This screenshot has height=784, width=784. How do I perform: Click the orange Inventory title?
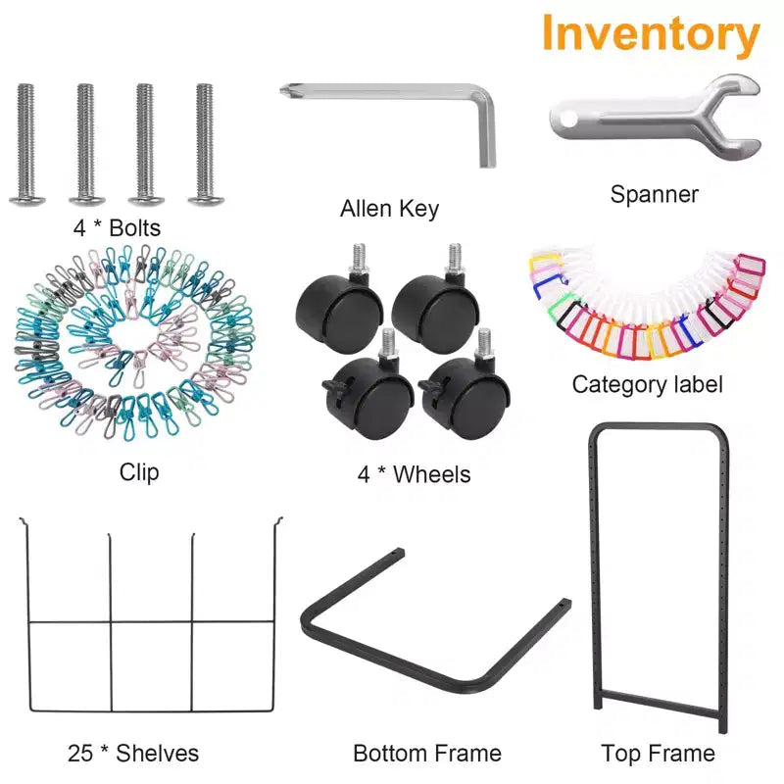[651, 34]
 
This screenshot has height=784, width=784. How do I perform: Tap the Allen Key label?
[389, 209]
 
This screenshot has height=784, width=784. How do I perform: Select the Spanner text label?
[654, 194]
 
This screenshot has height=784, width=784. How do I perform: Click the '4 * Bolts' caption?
[117, 228]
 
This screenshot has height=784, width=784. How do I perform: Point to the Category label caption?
[648, 385]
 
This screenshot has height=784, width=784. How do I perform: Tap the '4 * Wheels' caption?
[414, 474]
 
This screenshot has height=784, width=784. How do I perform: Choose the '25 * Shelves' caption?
[133, 753]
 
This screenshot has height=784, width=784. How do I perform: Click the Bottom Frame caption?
[427, 753]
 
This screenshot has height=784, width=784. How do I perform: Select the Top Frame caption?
[658, 753]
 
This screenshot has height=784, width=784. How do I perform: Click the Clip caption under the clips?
[139, 472]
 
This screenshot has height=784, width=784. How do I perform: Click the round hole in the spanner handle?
[568, 119]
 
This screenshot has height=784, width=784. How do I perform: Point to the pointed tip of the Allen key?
[283, 88]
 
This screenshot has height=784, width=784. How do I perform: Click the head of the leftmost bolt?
[27, 200]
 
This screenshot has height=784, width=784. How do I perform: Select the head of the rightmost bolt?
[206, 200]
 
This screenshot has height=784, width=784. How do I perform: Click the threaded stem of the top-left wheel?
[359, 258]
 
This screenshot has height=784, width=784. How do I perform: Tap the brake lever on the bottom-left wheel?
[333, 386]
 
